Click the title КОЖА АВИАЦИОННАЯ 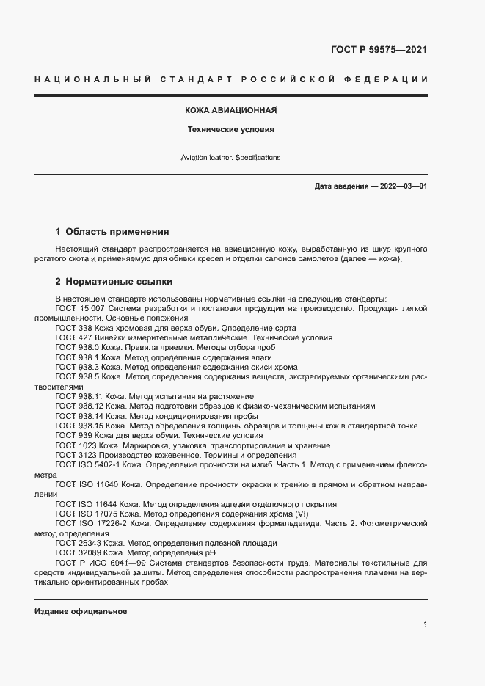tap(230, 111)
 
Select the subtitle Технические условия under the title tap(230, 129)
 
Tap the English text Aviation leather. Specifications tap(230, 158)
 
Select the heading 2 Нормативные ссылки tap(114, 282)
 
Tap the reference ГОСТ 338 tap(72, 328)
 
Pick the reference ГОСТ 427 tap(72, 337)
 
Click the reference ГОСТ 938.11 tap(78, 395)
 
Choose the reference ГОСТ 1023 tap(74, 445)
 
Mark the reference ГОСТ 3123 tap(74, 455)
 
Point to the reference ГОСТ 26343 tap(77, 543)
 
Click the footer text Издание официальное tap(81, 611)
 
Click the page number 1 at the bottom tap(425, 624)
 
